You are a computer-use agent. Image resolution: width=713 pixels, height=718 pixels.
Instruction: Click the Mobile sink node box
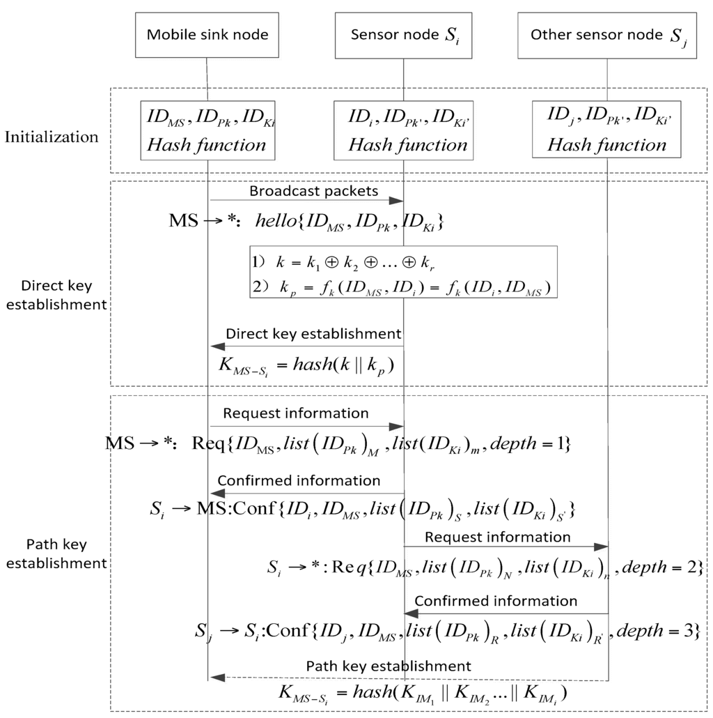(207, 35)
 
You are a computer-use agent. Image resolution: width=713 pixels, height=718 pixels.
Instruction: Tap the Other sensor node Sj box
(606, 35)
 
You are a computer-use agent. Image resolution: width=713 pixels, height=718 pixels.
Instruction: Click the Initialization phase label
(52, 137)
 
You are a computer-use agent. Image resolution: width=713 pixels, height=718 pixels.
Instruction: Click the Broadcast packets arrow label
(313, 190)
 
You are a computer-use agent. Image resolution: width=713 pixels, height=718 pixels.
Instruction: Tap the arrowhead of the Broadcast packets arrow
(398, 201)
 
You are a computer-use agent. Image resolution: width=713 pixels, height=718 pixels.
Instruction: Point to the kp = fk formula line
(404, 287)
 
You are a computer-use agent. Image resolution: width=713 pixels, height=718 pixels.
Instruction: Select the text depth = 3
(658, 632)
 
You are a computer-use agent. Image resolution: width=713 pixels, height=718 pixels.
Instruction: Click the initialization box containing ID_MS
(207, 130)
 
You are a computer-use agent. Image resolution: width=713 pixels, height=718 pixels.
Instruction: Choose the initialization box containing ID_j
(606, 130)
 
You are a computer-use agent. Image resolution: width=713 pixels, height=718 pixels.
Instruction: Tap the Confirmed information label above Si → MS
(299, 481)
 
